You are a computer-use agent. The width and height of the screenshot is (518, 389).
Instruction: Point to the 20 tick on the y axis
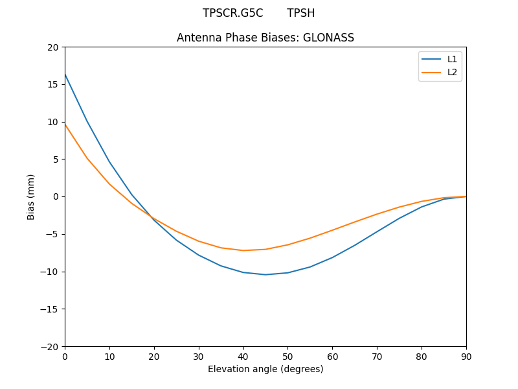point(53,47)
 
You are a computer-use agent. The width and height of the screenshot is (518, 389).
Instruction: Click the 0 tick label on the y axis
point(56,196)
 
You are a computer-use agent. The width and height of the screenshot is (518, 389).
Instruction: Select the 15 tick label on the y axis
point(53,84)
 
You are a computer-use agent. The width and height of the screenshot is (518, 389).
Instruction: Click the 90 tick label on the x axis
point(466,357)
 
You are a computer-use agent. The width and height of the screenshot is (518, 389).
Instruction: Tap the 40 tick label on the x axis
point(243,357)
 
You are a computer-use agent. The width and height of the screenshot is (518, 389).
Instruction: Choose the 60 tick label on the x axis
point(332,357)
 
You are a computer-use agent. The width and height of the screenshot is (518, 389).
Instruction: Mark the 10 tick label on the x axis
point(109,357)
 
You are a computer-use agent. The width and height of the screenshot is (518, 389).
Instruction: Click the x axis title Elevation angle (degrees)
point(265,369)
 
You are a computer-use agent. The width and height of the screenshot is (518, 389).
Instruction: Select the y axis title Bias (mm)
point(31,196)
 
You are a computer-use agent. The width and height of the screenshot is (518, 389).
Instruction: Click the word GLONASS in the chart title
point(331,38)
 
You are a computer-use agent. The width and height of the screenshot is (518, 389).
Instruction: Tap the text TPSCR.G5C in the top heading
point(232,13)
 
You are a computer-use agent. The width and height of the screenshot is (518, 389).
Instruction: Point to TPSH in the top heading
point(301,13)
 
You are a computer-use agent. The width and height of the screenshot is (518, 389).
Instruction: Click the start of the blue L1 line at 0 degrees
point(65,75)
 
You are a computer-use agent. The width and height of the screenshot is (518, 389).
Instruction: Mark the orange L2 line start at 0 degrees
point(65,124)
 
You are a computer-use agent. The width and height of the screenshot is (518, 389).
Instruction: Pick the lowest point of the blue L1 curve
point(265,274)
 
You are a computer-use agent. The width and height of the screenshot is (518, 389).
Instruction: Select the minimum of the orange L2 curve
point(243,250)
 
